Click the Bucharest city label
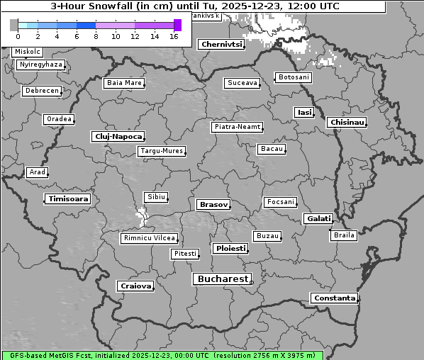223,279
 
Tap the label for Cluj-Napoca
118,136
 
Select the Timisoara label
68,199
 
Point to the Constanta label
334,298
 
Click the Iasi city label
304,113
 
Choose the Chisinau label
347,123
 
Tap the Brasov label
213,204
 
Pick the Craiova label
135,286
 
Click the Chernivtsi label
222,44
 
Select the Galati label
318,219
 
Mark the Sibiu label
155,197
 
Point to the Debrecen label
41,91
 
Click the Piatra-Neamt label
237,127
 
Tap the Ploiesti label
230,249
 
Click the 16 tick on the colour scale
173,35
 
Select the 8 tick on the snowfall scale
96,35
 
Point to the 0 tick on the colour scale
18,35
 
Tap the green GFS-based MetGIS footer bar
162,355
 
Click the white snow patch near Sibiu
142,216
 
